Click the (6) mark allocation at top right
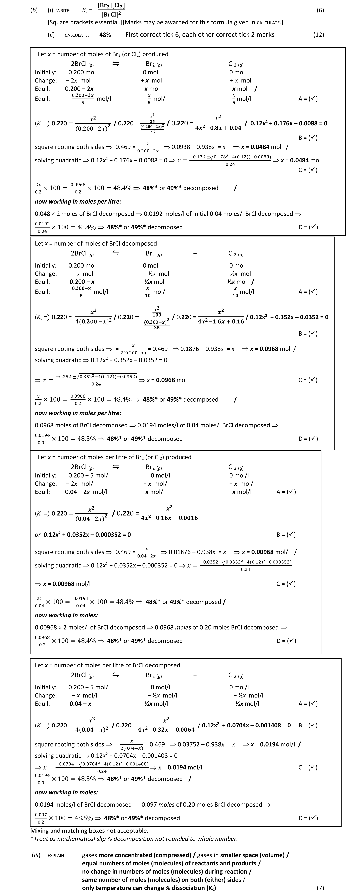click(320, 10)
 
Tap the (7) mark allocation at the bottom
click(320, 888)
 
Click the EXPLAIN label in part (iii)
click(56, 855)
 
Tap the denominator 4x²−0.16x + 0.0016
click(169, 518)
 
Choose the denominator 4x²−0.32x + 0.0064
click(166, 729)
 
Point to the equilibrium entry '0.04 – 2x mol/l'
click(86, 492)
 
